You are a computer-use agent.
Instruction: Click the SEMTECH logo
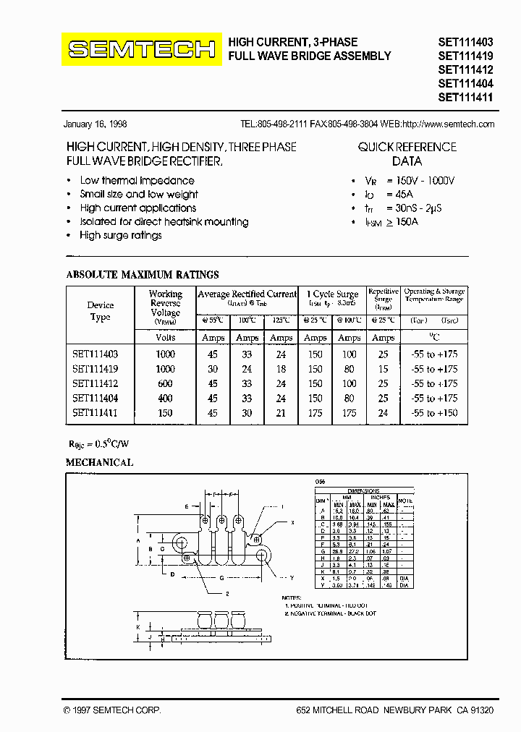142,49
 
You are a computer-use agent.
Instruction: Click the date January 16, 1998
96,124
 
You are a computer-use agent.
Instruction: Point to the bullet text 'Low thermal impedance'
137,181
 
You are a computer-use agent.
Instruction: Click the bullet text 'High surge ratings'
121,236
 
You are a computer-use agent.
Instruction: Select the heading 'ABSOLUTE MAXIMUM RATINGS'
143,275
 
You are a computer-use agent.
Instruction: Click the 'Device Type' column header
101,311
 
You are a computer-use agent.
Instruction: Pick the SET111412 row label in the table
95,383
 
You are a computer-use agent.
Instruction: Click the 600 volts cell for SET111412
166,383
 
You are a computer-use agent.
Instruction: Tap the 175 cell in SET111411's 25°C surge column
315,413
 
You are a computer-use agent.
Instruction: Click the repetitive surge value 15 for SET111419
383,369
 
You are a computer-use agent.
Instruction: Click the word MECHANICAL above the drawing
99,462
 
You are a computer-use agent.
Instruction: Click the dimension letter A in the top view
138,540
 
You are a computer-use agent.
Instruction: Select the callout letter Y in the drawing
292,578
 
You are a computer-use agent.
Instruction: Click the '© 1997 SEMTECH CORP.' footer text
112,711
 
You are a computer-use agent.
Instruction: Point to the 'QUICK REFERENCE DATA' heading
407,154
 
